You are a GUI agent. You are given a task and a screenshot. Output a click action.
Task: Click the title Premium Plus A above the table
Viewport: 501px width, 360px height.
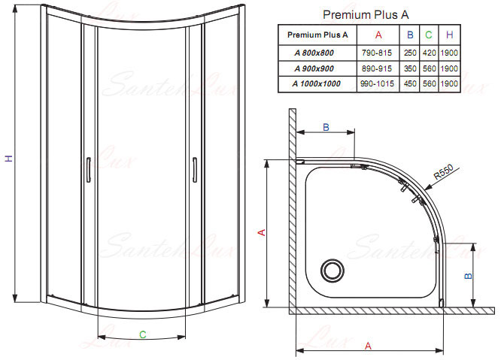pyautogui.click(x=366, y=15)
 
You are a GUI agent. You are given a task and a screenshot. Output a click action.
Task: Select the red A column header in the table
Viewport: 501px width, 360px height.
pyautogui.click(x=378, y=35)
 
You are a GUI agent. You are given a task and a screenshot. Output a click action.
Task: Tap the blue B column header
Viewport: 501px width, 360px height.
pyautogui.click(x=410, y=35)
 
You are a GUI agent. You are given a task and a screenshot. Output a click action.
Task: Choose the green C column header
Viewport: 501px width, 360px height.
pyautogui.click(x=429, y=35)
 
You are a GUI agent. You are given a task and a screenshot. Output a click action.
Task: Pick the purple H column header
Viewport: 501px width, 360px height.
pyautogui.click(x=450, y=35)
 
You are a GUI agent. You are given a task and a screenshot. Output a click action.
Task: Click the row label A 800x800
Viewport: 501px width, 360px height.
pyautogui.click(x=314, y=53)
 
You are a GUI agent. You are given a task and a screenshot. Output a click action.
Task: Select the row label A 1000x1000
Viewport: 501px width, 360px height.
pyautogui.click(x=317, y=83)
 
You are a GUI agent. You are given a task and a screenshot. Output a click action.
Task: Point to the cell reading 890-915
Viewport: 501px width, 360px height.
pyautogui.click(x=377, y=68)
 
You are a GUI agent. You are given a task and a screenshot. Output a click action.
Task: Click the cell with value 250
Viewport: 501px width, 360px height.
pyautogui.click(x=410, y=53)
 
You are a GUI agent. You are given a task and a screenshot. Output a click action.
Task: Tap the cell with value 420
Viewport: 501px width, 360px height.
pyautogui.click(x=430, y=53)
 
